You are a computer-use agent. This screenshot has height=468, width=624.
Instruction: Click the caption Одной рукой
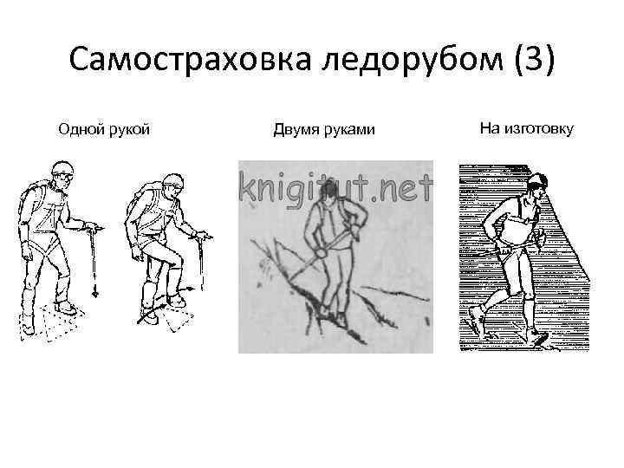pyautogui.click(x=104, y=130)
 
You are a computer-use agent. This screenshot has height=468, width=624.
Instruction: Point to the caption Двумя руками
pyautogui.click(x=324, y=130)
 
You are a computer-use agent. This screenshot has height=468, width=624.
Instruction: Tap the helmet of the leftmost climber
pyautogui.click(x=62, y=170)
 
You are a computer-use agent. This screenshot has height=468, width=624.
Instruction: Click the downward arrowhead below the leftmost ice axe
pyautogui.click(x=94, y=295)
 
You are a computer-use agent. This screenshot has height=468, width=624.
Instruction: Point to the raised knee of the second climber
pyautogui.click(x=178, y=260)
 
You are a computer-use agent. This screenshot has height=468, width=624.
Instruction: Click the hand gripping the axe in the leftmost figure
pyautogui.click(x=88, y=228)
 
